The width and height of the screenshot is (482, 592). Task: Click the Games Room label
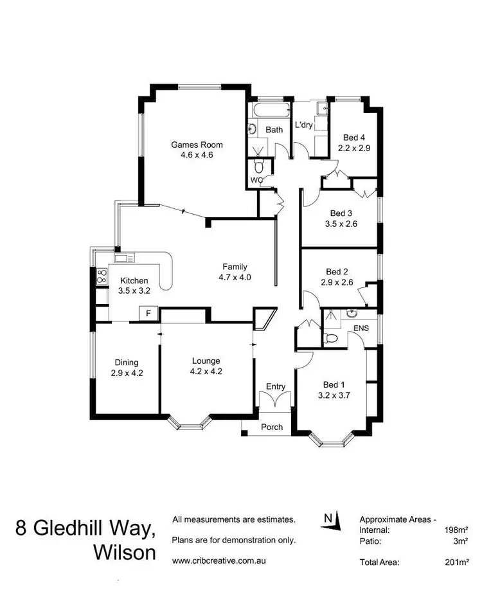point(192,145)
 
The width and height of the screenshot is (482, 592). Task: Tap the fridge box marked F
point(149,314)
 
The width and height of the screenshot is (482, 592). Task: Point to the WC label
point(256,181)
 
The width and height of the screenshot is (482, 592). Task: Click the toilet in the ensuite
point(332,338)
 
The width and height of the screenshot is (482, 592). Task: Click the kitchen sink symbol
point(124,258)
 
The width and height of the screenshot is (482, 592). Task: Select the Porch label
point(271,427)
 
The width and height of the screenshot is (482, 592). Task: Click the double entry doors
point(274,400)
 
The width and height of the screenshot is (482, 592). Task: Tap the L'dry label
point(303,125)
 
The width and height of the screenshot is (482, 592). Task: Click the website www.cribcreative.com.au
point(219,561)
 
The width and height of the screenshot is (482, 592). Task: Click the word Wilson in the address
point(124,553)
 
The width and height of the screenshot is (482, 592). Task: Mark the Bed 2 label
point(337,272)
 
